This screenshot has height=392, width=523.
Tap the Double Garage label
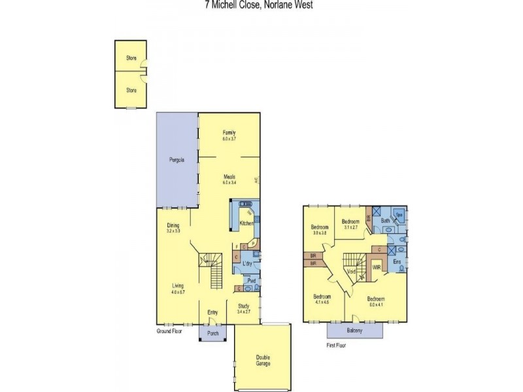[x=263, y=360]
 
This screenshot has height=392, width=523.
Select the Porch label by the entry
[x=212, y=333]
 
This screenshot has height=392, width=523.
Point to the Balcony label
[x=354, y=331]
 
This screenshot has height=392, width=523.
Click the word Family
[x=229, y=133]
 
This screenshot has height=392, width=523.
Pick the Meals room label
[x=229, y=176]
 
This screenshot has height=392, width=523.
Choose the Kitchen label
[x=246, y=223]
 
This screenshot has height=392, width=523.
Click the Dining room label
[x=173, y=225]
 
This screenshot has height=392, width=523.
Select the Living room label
[x=177, y=286]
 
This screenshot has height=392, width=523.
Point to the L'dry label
[x=247, y=263]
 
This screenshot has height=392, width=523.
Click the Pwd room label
[x=251, y=281]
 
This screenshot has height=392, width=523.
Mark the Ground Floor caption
[x=169, y=331]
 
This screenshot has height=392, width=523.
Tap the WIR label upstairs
[x=377, y=267]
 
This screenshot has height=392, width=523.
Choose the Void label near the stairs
[x=351, y=271]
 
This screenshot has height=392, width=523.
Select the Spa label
[x=399, y=214]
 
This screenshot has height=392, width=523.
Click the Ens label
[x=397, y=261]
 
